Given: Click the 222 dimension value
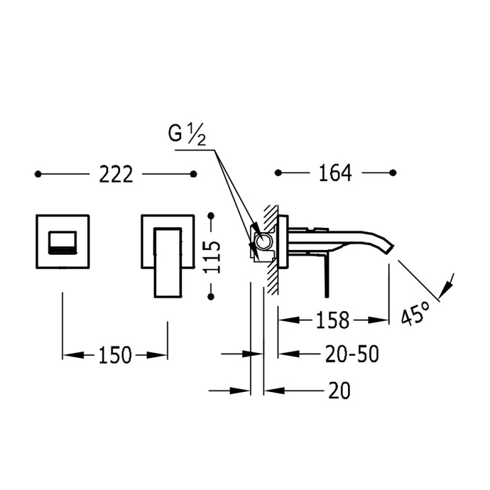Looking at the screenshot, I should point(116,175).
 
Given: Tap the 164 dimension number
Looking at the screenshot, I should point(335,173).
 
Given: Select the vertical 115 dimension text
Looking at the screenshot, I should point(211,255).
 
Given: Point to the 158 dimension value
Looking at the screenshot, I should point(333,319).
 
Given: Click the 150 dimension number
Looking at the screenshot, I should point(115,355).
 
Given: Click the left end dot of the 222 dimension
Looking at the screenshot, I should point(38,175).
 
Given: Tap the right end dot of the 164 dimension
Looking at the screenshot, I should point(393,173).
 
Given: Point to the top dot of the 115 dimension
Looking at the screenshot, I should point(211,216).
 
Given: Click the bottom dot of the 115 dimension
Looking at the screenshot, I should point(211,296).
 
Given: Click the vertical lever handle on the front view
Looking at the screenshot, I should point(168,262).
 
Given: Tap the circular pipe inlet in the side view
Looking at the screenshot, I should point(264,242).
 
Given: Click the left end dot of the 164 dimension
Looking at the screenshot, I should point(277,173).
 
